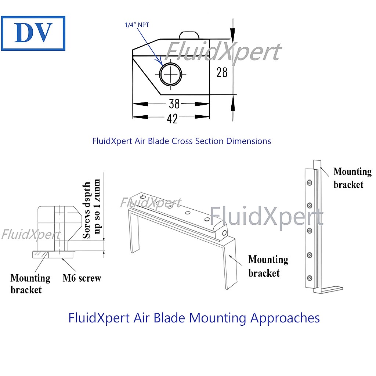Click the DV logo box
(33, 33)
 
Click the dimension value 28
(222, 72)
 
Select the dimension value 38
(174, 104)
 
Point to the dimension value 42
(172, 119)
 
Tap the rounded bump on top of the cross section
(189, 35)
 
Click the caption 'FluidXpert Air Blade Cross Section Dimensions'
(182, 141)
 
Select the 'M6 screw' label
(82, 278)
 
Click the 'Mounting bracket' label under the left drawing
(30, 283)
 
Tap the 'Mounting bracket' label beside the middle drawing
(268, 266)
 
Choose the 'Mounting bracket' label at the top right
(352, 178)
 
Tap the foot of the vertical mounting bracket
(332, 289)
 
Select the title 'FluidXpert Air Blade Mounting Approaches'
(194, 318)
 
